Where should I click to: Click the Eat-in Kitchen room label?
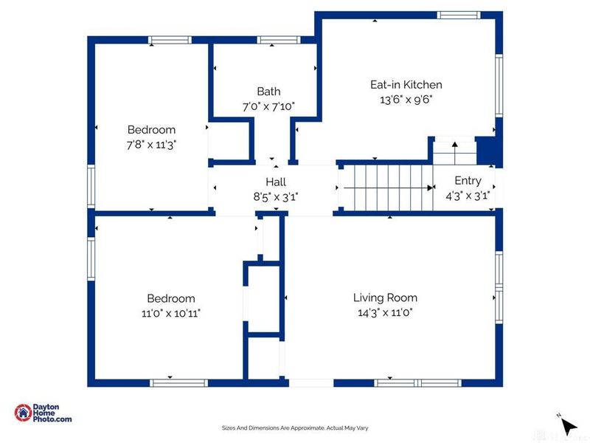[406, 84]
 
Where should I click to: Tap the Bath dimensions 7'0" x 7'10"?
[268, 106]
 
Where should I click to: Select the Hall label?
[276, 182]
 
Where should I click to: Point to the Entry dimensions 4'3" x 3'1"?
[468, 196]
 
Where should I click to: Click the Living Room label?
[385, 298]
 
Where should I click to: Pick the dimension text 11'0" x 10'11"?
[171, 313]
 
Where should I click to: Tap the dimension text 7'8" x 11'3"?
[151, 145]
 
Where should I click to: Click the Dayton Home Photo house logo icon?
[24, 413]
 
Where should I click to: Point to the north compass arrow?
[569, 427]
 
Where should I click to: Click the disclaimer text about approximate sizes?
[295, 428]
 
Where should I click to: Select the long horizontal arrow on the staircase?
[389, 188]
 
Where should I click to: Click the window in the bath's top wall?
[279, 40]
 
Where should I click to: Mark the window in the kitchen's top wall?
[459, 15]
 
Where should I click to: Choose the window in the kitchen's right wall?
[499, 86]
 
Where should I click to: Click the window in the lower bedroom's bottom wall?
[178, 383]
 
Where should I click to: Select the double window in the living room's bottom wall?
[417, 383]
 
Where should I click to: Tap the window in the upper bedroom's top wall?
[170, 40]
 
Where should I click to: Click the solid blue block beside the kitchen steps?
[488, 151]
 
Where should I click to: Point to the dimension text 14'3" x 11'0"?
[385, 312]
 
